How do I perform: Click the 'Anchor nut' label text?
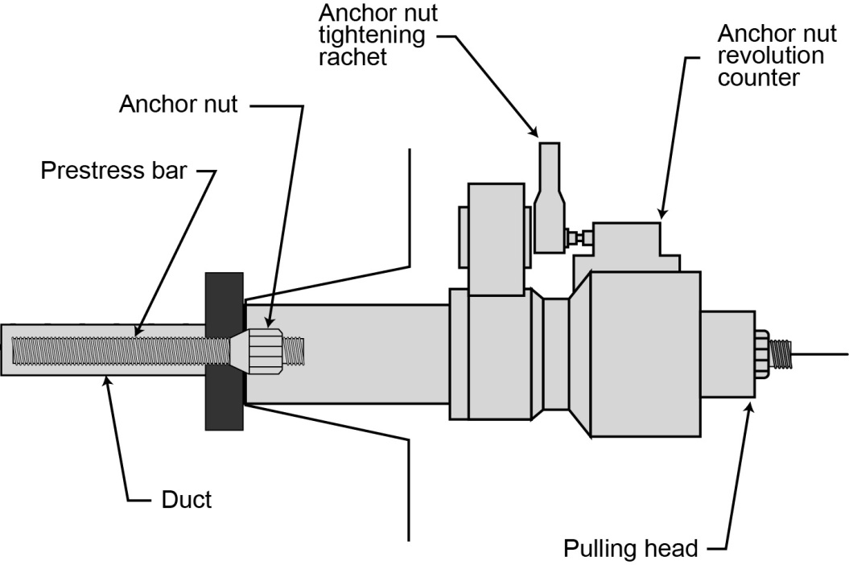(178, 105)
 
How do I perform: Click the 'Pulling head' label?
(630, 549)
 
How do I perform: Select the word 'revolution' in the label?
(771, 56)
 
